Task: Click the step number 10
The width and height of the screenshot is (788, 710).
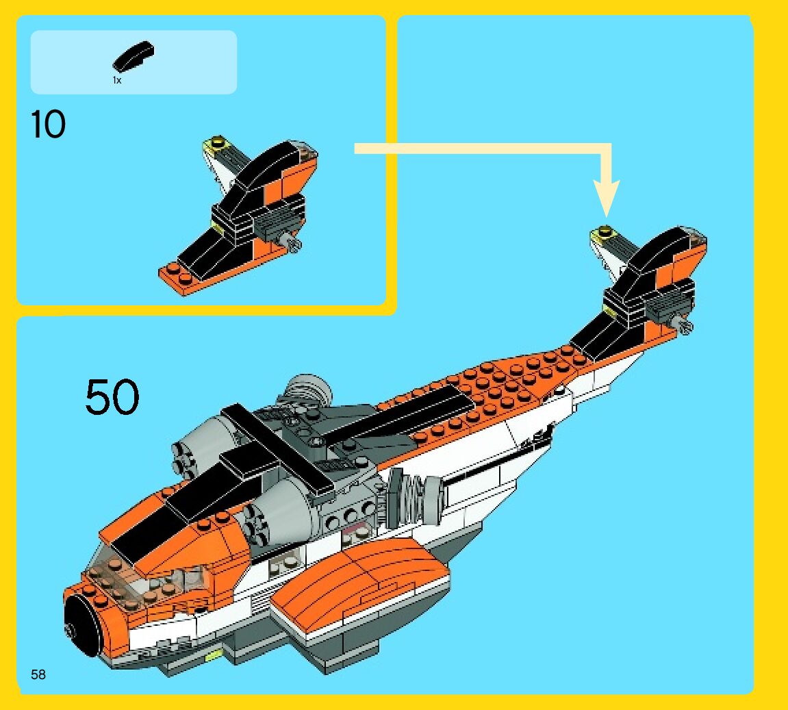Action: click(x=48, y=125)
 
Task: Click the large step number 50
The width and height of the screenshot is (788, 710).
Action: click(x=112, y=397)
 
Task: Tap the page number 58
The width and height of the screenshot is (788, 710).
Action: click(x=38, y=674)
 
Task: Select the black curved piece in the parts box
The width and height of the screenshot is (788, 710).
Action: click(x=134, y=58)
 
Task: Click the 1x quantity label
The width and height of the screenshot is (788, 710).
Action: click(x=117, y=80)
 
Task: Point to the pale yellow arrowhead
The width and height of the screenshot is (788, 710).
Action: click(x=605, y=199)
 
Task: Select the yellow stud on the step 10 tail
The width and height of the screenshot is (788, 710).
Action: click(x=217, y=143)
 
